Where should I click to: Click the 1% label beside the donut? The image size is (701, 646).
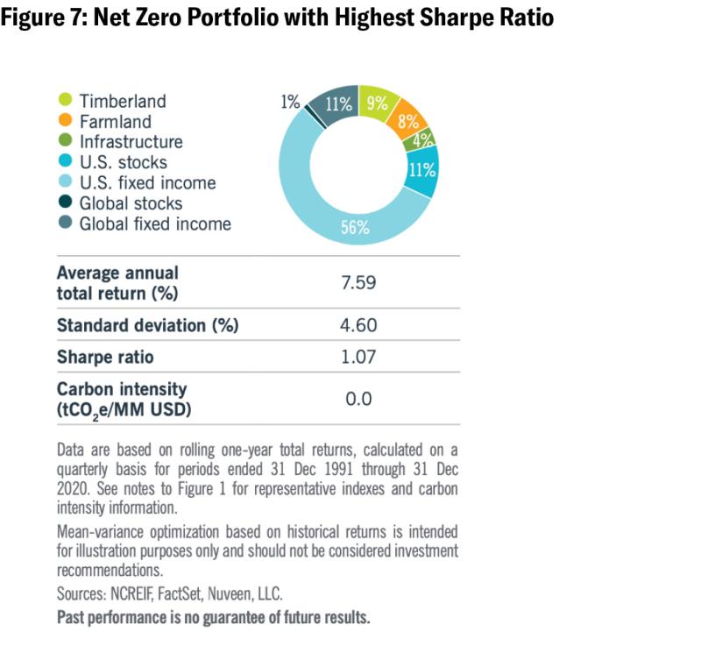(290, 103)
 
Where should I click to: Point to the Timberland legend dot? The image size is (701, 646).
(64, 101)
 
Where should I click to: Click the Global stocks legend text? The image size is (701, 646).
(131, 203)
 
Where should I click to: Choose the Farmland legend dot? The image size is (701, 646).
(64, 122)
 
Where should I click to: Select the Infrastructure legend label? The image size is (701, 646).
(131, 142)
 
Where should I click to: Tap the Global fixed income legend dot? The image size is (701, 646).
(64, 224)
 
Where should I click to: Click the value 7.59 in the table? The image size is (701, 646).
(358, 282)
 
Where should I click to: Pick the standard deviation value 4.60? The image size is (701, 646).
(358, 325)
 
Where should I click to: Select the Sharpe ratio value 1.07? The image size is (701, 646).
(358, 358)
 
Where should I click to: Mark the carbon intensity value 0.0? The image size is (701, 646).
(358, 399)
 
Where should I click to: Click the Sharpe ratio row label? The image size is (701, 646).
(106, 358)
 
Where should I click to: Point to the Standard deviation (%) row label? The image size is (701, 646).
(147, 325)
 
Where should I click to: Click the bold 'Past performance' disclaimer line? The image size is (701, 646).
(213, 617)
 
